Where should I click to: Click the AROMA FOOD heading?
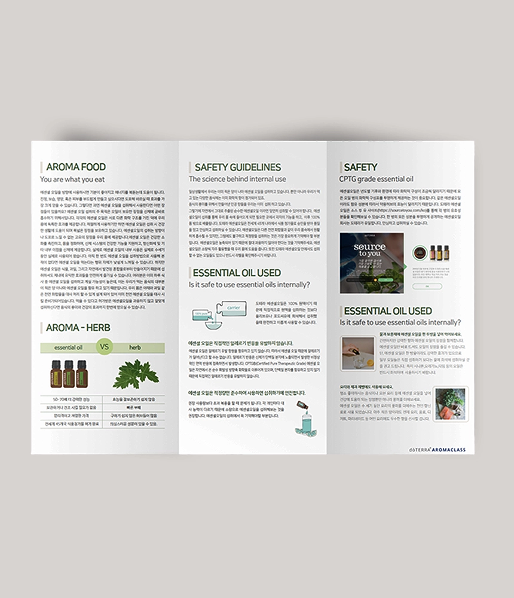(x=76, y=167)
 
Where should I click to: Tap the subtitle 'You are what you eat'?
(x=72, y=179)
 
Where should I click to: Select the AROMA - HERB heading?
(x=78, y=328)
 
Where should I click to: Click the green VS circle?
(x=105, y=346)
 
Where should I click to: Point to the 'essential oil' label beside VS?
(x=68, y=347)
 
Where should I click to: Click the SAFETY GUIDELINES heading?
(x=237, y=167)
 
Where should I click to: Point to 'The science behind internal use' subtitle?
(x=237, y=179)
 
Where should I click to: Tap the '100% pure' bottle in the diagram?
(x=200, y=313)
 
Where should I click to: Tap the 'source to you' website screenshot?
(x=371, y=263)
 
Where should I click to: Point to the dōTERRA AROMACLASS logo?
(x=436, y=449)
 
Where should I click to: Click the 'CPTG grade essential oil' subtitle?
(x=376, y=179)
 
